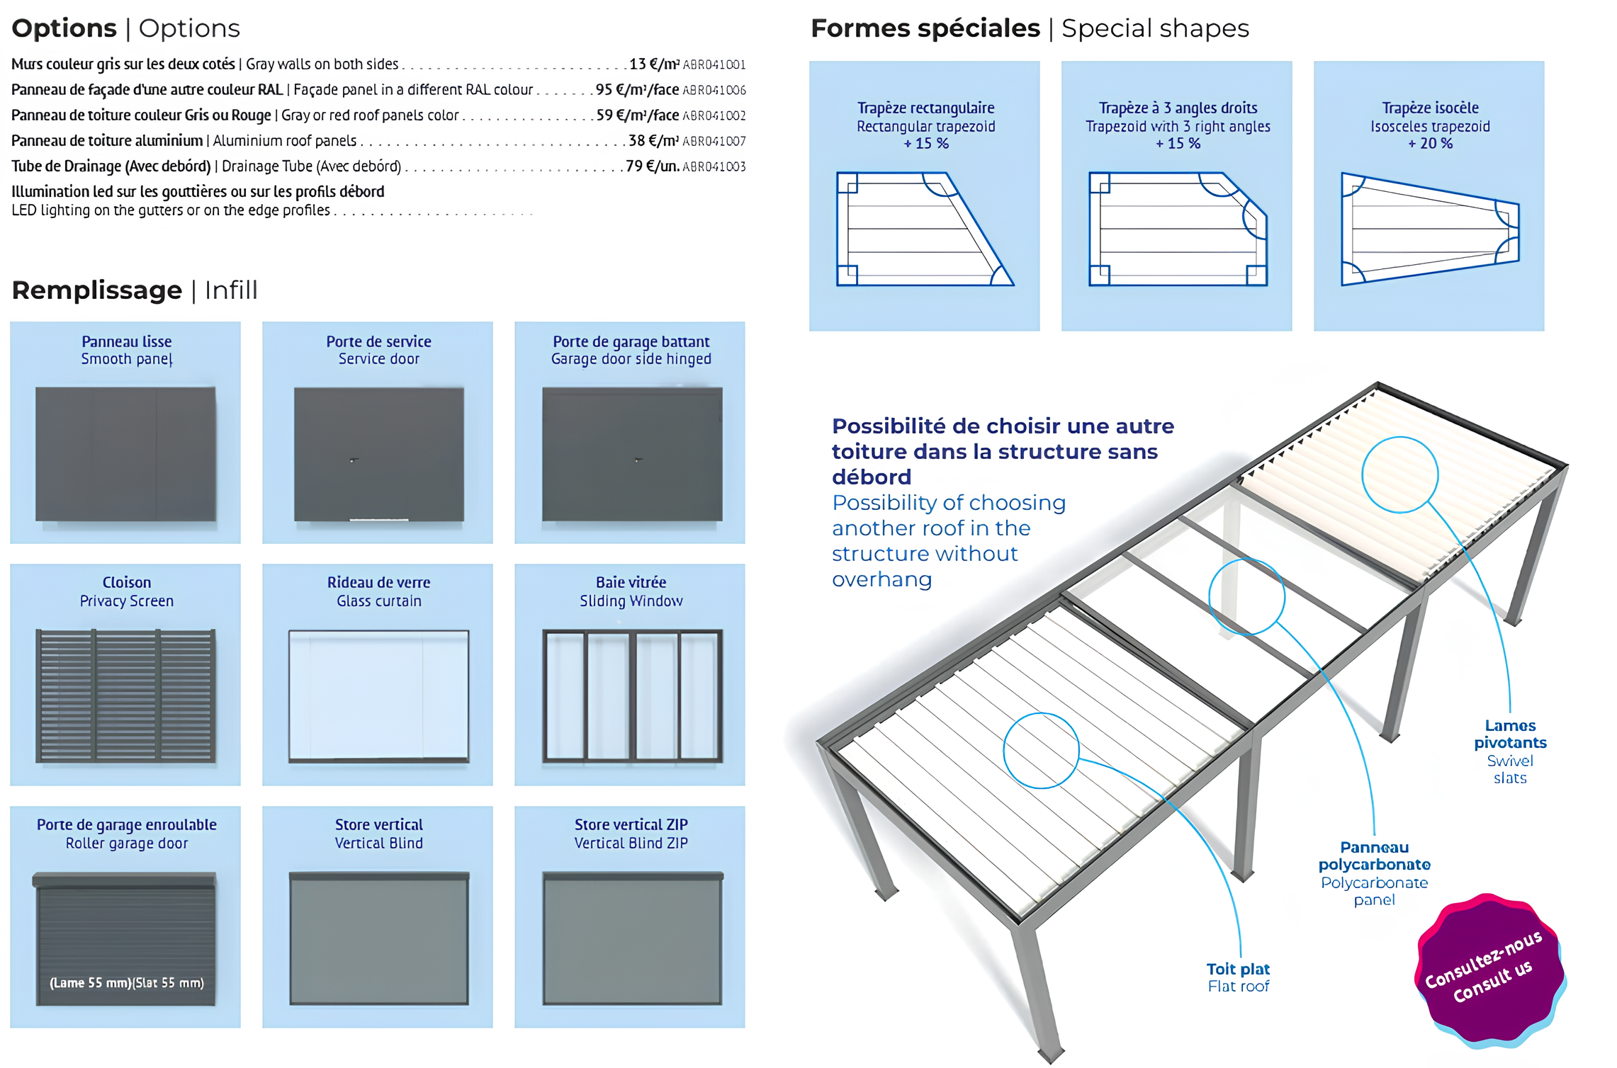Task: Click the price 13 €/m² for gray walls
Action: click(654, 64)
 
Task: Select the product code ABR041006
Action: click(714, 90)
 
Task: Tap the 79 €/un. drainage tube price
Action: click(652, 166)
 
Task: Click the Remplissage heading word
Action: click(97, 290)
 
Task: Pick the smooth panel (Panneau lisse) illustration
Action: click(125, 454)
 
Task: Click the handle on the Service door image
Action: click(354, 460)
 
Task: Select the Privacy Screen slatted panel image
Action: click(125, 695)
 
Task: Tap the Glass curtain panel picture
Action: click(378, 695)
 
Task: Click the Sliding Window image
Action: click(631, 695)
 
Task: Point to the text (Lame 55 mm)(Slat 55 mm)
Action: click(126, 982)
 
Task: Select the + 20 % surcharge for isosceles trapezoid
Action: click(1429, 144)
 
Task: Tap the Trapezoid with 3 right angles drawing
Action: click(1177, 229)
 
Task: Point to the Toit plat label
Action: click(1238, 969)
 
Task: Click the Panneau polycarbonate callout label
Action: click(1374, 856)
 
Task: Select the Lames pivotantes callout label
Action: click(1509, 734)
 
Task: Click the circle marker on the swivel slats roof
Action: click(1399, 475)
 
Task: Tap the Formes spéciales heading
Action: click(925, 28)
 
